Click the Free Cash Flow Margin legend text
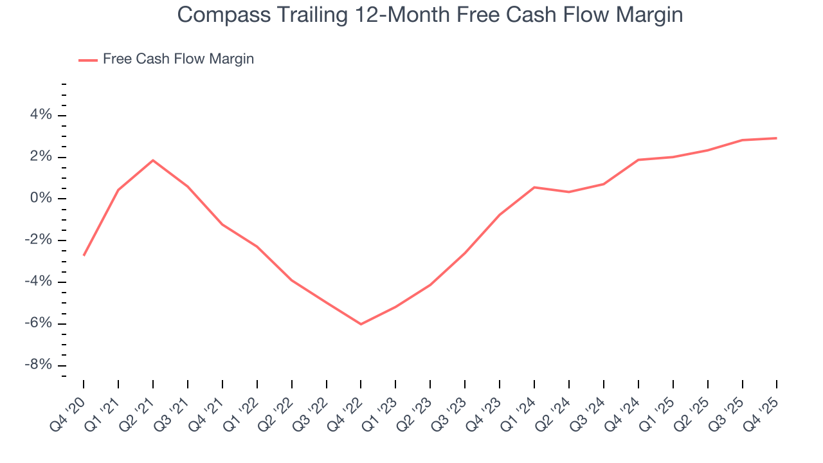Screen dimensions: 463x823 click(178, 59)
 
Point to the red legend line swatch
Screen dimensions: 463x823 click(88, 60)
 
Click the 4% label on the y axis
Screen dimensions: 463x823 click(40, 115)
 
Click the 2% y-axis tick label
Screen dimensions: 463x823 click(40, 157)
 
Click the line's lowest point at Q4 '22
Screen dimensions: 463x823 click(361, 324)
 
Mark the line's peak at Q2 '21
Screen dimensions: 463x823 click(153, 160)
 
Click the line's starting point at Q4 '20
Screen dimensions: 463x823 click(84, 255)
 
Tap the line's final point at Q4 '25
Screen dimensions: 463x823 click(777, 138)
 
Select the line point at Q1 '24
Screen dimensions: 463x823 click(534, 187)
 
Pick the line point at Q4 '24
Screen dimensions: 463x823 click(638, 159)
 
